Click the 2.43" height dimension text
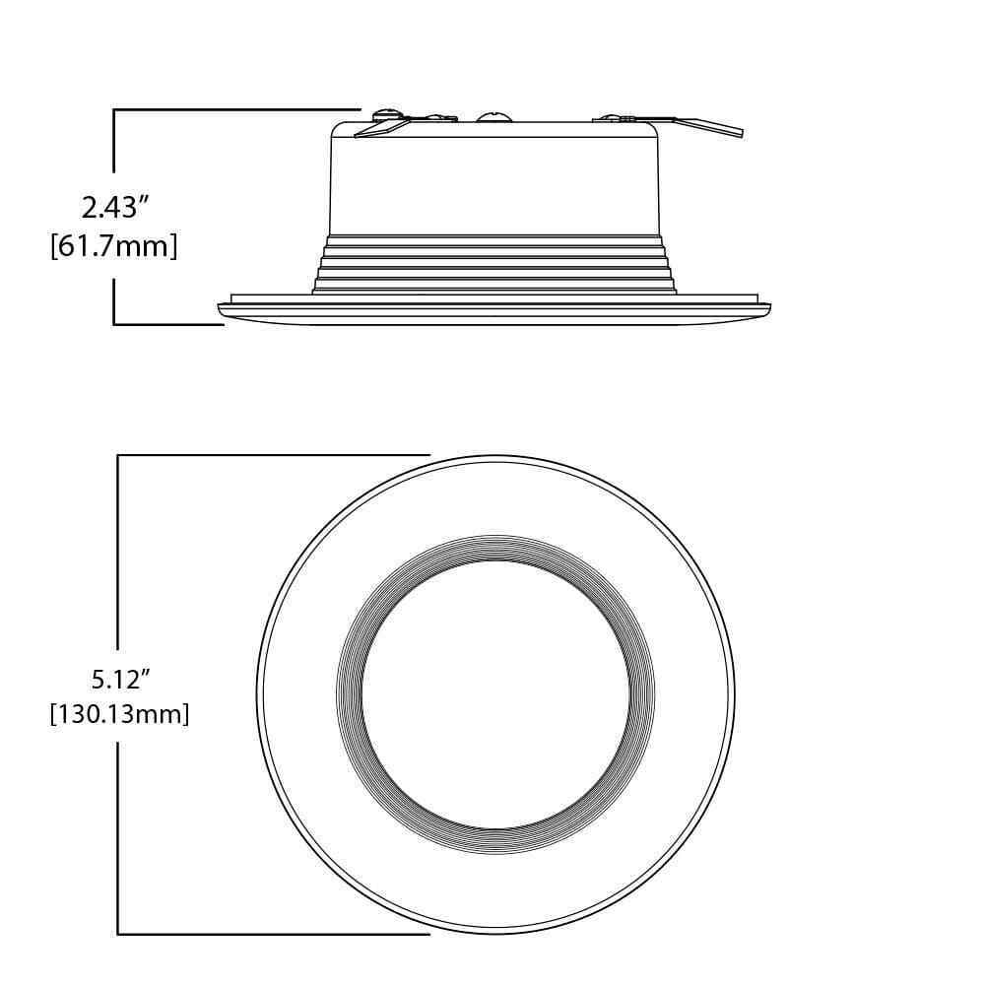115,207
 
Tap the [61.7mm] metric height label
113,245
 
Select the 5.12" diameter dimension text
121,679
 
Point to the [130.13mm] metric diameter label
119,714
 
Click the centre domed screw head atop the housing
493,116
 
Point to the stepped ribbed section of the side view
494,264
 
